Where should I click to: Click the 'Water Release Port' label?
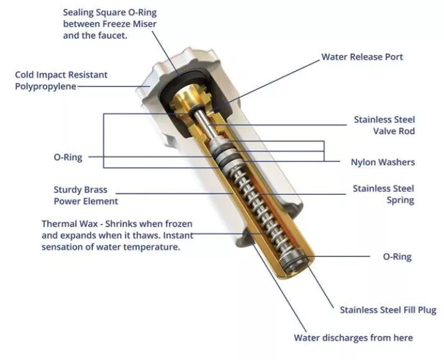362,57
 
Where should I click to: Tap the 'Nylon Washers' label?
383,162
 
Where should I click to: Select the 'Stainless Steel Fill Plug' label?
388,310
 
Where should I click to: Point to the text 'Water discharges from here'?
353,338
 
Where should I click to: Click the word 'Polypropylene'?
45,87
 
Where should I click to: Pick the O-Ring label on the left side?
68,158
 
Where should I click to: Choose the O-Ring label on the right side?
397,257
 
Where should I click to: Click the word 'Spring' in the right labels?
400,200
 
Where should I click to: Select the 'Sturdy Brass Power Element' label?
86,196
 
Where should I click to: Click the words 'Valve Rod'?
394,132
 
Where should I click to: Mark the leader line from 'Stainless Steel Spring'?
302,194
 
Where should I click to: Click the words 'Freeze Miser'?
129,24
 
